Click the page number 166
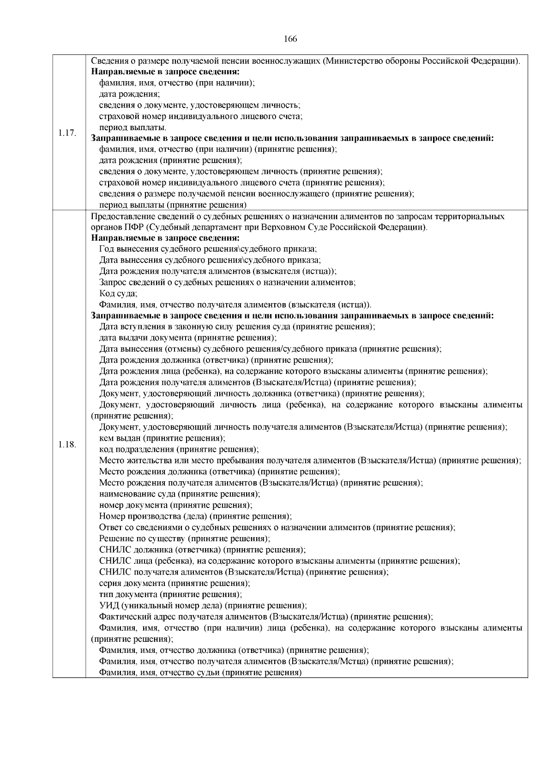pyautogui.click(x=290, y=39)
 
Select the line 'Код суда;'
pyautogui.click(x=118, y=293)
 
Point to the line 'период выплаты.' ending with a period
pyautogui.click(x=133, y=127)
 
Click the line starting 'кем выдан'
pyautogui.click(x=162, y=438)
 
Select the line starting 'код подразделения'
pyautogui.click(x=179, y=449)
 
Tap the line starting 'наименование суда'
pyautogui.click(x=180, y=494)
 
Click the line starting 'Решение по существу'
pyautogui.click(x=185, y=538)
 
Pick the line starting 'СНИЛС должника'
pyautogui.click(x=202, y=550)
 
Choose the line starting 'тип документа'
pyautogui.click(x=170, y=594)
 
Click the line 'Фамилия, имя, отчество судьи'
pyautogui.click(x=200, y=672)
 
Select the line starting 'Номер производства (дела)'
pyautogui.click(x=195, y=516)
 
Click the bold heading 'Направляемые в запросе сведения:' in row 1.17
pyautogui.click(x=165, y=72)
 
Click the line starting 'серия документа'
pyautogui.click(x=175, y=583)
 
